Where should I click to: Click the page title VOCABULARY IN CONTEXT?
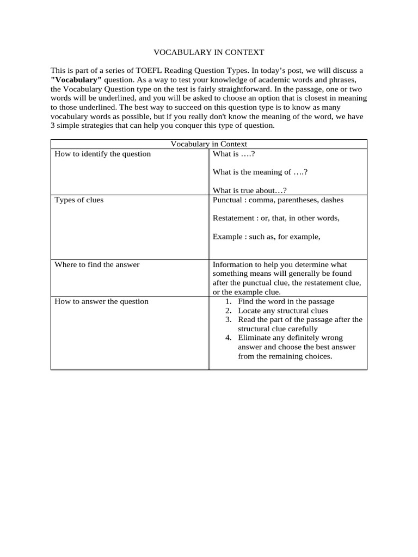click(208, 52)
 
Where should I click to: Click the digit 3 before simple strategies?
click(53, 126)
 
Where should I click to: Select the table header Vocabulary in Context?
click(209, 144)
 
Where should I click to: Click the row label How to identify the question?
click(102, 154)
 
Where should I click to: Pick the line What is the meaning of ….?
click(261, 172)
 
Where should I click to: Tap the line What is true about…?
click(249, 190)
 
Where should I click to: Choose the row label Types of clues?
click(79, 200)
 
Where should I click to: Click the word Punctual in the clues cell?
click(228, 200)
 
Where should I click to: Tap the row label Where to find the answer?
click(97, 264)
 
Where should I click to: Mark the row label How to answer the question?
click(101, 301)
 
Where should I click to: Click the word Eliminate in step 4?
click(255, 338)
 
